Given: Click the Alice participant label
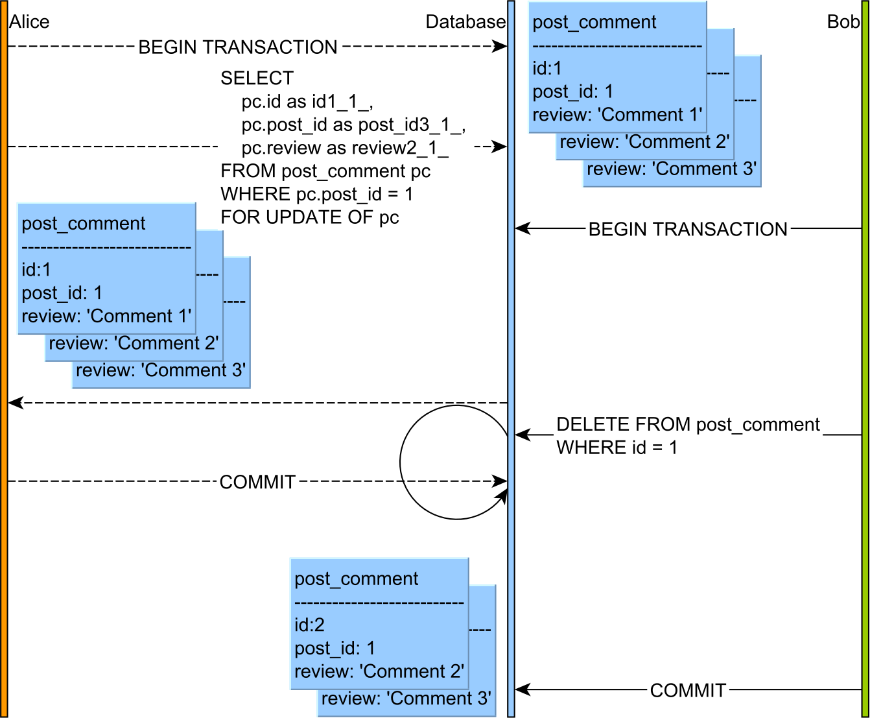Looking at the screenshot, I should (x=29, y=22).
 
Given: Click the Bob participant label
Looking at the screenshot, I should (x=843, y=22).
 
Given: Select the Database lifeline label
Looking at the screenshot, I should (x=465, y=22).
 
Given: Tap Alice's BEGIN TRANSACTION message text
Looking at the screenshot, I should (x=238, y=47).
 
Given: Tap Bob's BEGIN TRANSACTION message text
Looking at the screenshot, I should (x=687, y=229).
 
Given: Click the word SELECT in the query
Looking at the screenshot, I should (x=257, y=78).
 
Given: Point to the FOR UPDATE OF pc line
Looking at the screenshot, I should (x=309, y=217).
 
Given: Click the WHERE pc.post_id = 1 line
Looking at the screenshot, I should (x=316, y=194).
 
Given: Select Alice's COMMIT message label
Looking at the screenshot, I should (x=257, y=482).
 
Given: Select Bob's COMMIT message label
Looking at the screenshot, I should (x=687, y=690).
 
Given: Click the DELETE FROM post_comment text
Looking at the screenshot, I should (x=688, y=425).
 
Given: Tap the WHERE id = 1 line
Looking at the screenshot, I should (x=617, y=448).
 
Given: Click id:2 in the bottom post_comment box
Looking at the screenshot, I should (x=309, y=625).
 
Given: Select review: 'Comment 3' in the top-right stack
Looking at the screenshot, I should (x=671, y=169).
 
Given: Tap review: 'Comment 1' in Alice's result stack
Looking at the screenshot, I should (x=106, y=317).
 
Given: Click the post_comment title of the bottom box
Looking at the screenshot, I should (x=356, y=579).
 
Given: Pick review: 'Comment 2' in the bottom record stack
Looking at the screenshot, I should (x=379, y=671).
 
